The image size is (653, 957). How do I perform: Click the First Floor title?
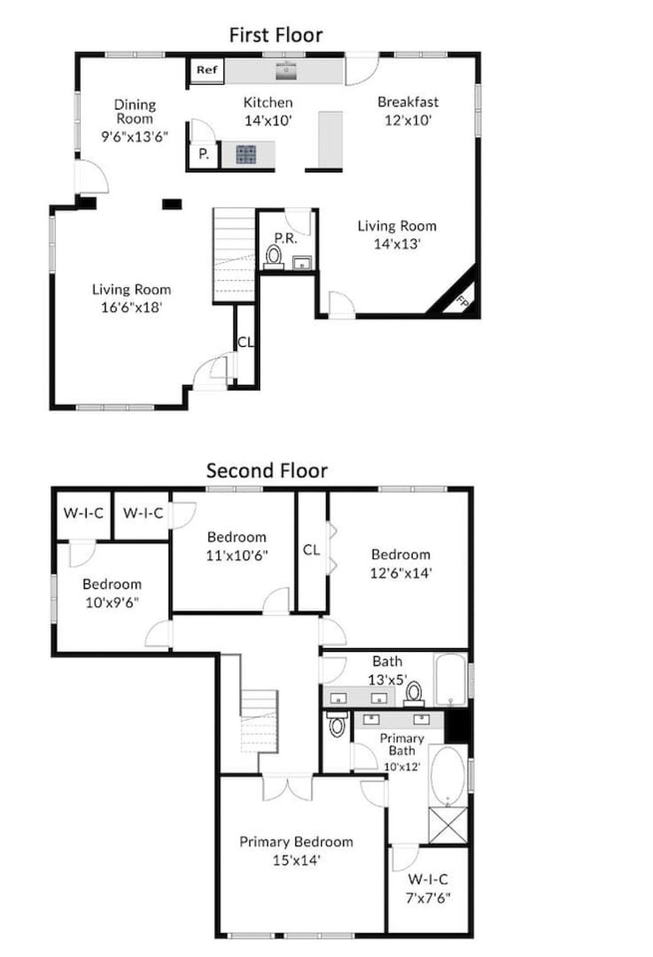[x=276, y=35]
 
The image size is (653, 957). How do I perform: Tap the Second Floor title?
[x=267, y=470]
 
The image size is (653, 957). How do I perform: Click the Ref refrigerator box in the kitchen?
[x=207, y=70]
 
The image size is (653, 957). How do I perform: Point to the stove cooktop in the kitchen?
[x=246, y=155]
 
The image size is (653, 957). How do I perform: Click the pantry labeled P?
[x=204, y=154]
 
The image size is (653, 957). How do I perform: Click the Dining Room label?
[x=135, y=112]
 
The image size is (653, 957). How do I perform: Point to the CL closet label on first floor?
[x=245, y=342]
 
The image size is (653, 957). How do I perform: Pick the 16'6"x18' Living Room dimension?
[x=132, y=307]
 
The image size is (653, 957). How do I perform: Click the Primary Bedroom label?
[x=296, y=842]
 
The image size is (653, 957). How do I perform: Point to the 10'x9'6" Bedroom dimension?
[x=112, y=602]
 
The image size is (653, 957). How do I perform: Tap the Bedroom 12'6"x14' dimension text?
[x=401, y=573]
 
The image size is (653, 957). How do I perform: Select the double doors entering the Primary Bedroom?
[x=287, y=788]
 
